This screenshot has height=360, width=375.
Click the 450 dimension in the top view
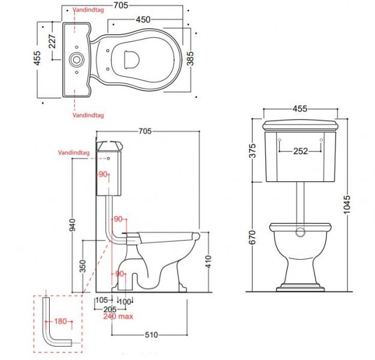pos(142,20)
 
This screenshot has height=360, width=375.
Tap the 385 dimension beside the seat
pos(191,58)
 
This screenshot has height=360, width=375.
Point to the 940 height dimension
pos(73,225)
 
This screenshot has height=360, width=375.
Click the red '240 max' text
pos(118,317)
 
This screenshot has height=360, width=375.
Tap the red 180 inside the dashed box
pos(61,322)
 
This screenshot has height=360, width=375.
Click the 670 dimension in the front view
pos(253,238)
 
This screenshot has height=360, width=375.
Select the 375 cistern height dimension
pos(253,153)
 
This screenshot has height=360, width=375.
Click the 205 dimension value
pos(109,308)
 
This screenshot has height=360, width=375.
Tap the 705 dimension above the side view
pos(145,131)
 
